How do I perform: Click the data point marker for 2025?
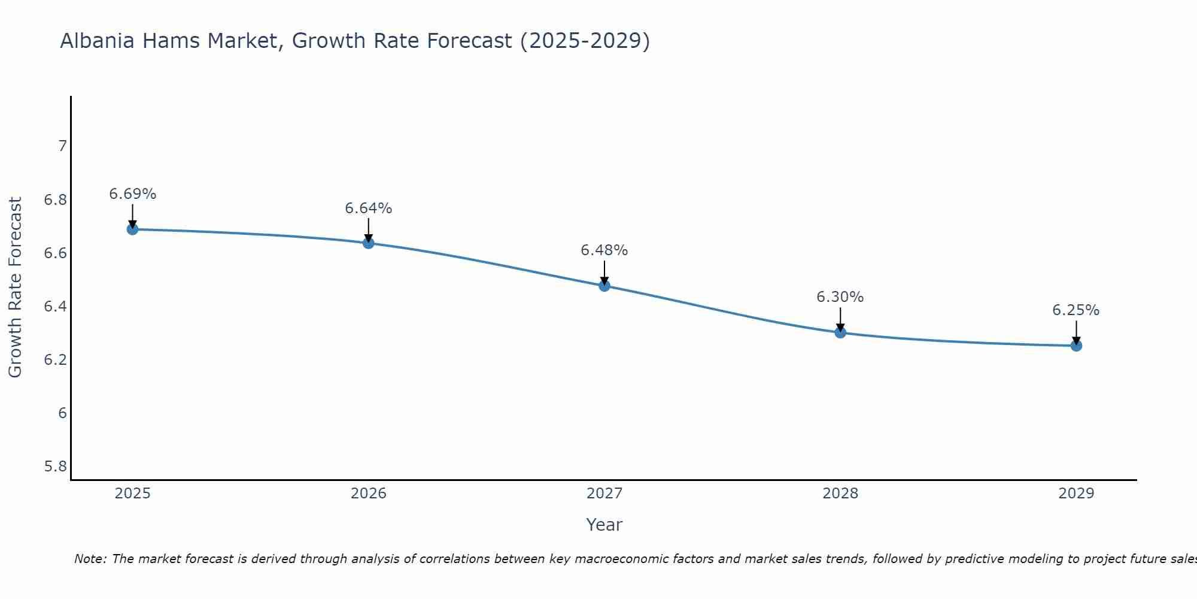pos(132,229)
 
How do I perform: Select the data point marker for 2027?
pos(604,286)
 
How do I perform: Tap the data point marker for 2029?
pos(1076,346)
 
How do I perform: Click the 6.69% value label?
pos(132,194)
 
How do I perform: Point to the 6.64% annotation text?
pos(368,208)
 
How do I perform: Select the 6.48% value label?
pos(604,250)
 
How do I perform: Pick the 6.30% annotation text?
pos(840,297)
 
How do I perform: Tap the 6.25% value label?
pos(1076,310)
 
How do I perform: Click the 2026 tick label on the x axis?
pos(368,494)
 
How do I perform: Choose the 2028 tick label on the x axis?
pos(840,494)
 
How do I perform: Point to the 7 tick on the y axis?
pos(62,146)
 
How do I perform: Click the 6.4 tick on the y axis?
pos(55,307)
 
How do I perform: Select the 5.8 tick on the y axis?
pos(55,467)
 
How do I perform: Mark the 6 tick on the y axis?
pos(62,413)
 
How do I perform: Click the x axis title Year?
pos(604,525)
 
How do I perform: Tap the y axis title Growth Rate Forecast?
pos(16,288)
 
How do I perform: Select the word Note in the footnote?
pos(90,559)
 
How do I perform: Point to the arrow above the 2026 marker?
pos(368,229)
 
